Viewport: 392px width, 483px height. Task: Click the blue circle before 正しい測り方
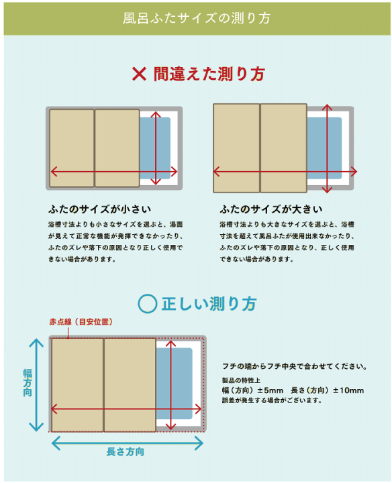(146, 304)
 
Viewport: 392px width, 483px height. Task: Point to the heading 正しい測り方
(208, 304)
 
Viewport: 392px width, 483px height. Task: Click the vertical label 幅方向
(28, 384)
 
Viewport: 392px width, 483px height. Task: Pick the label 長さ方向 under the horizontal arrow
(126, 451)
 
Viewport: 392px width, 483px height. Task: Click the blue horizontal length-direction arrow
(127, 442)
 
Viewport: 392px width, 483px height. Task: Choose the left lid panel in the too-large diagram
(236, 148)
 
